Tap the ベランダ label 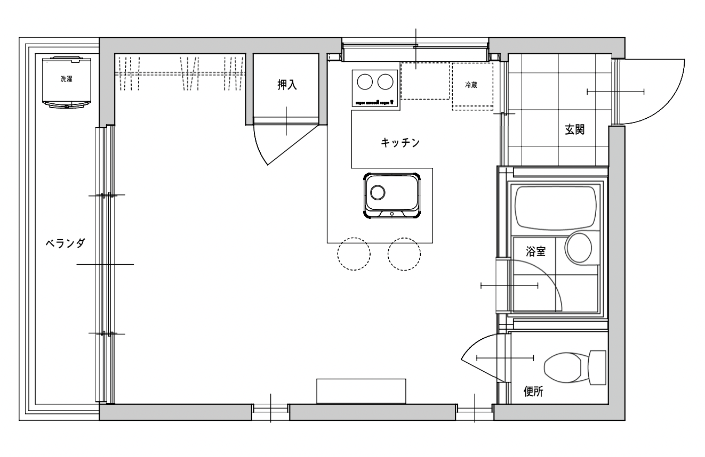point(65,243)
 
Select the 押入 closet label point(287,85)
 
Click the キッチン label point(400,143)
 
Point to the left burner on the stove point(365,82)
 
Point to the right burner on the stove point(385,82)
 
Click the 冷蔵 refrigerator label point(471,85)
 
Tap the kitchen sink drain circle point(378,192)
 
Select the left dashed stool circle point(354,254)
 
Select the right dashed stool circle point(404,254)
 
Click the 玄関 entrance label point(575,129)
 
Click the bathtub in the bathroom point(556,207)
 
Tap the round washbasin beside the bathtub point(579,248)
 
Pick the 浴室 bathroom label point(535,251)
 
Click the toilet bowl point(563,368)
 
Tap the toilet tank point(597,368)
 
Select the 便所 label point(533,391)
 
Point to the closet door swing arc point(259,146)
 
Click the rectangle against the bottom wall point(361,391)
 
